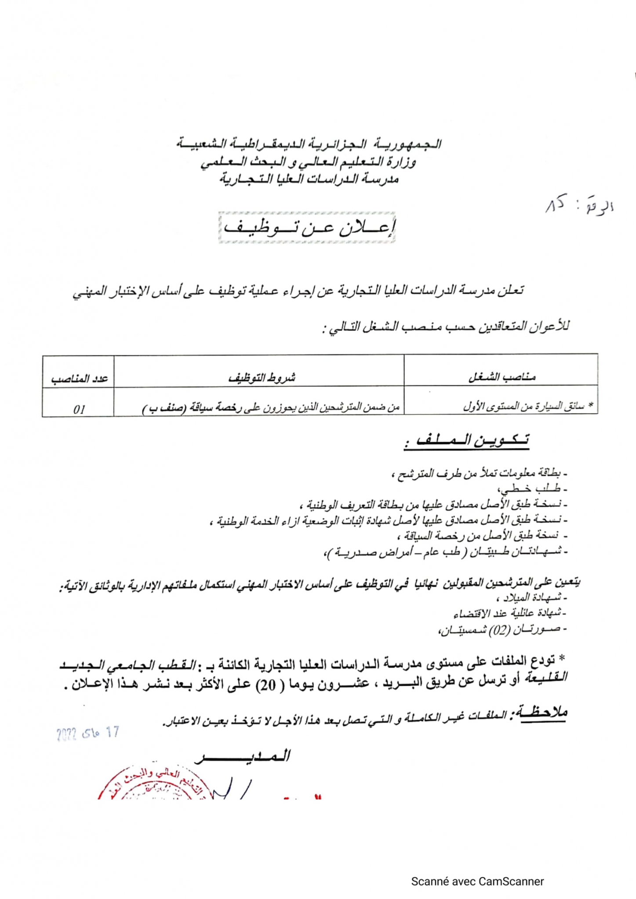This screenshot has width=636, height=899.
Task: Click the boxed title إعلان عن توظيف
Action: click(x=307, y=227)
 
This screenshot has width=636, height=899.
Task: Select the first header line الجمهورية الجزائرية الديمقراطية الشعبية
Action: click(x=309, y=144)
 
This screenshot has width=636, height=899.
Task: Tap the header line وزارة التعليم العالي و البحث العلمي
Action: click(x=308, y=162)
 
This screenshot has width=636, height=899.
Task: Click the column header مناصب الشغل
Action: click(x=501, y=377)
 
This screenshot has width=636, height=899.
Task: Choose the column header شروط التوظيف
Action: click(x=262, y=377)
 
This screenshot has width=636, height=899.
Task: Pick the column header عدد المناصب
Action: click(x=79, y=378)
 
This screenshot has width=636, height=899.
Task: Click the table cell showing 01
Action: click(x=79, y=409)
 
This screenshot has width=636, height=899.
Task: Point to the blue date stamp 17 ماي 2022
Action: click(x=88, y=733)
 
